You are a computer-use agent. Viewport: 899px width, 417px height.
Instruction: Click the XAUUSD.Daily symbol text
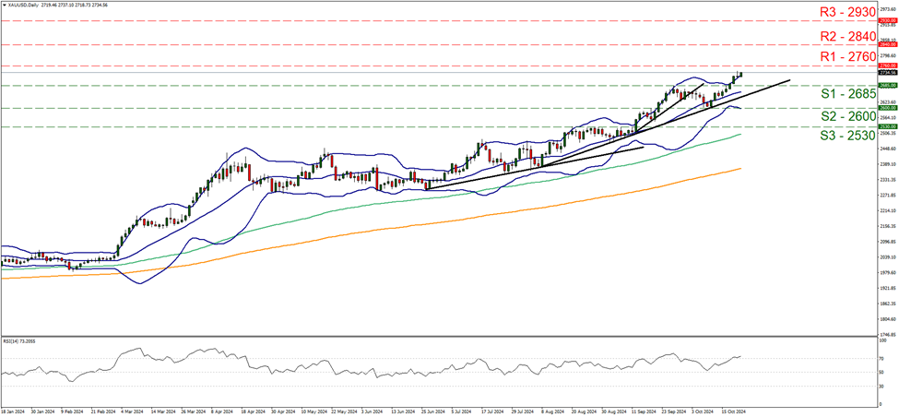[x=27, y=5]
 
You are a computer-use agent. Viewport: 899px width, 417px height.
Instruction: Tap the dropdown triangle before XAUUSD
[x=4, y=5]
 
